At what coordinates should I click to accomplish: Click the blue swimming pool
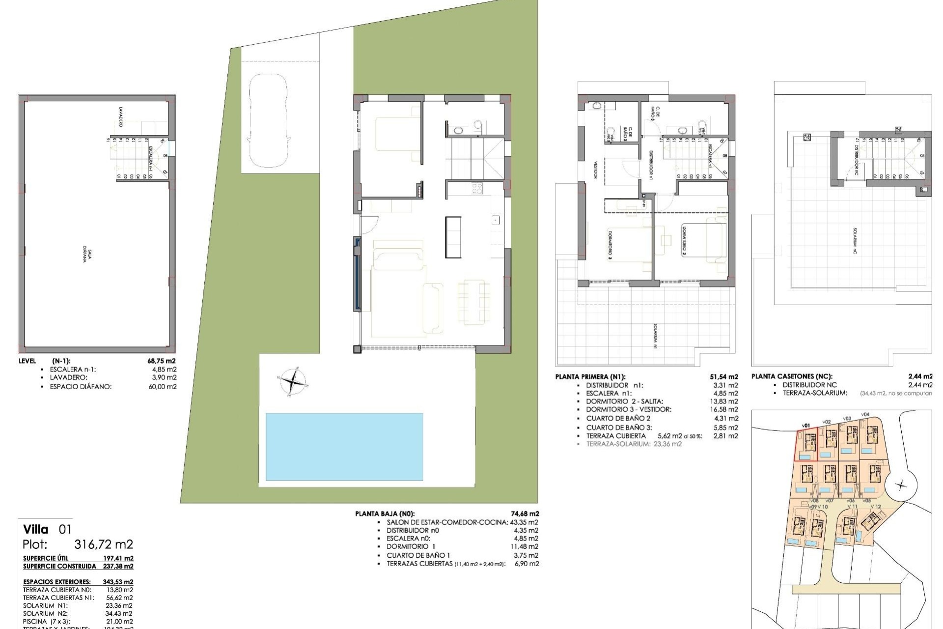click(x=344, y=446)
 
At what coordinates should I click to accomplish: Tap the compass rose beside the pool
click(x=293, y=381)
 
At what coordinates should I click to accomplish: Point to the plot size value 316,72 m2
click(x=104, y=544)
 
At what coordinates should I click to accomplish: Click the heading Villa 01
click(x=47, y=529)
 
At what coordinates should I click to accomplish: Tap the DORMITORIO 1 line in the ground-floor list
click(x=411, y=546)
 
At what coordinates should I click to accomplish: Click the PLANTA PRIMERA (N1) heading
click(x=590, y=377)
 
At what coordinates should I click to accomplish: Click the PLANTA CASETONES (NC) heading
click(x=792, y=377)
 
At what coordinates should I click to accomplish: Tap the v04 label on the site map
click(x=865, y=414)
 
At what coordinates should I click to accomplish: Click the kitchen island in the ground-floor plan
click(x=453, y=237)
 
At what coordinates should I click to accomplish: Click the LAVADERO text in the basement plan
click(x=120, y=117)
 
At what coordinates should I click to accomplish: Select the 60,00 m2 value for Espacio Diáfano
click(x=162, y=387)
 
